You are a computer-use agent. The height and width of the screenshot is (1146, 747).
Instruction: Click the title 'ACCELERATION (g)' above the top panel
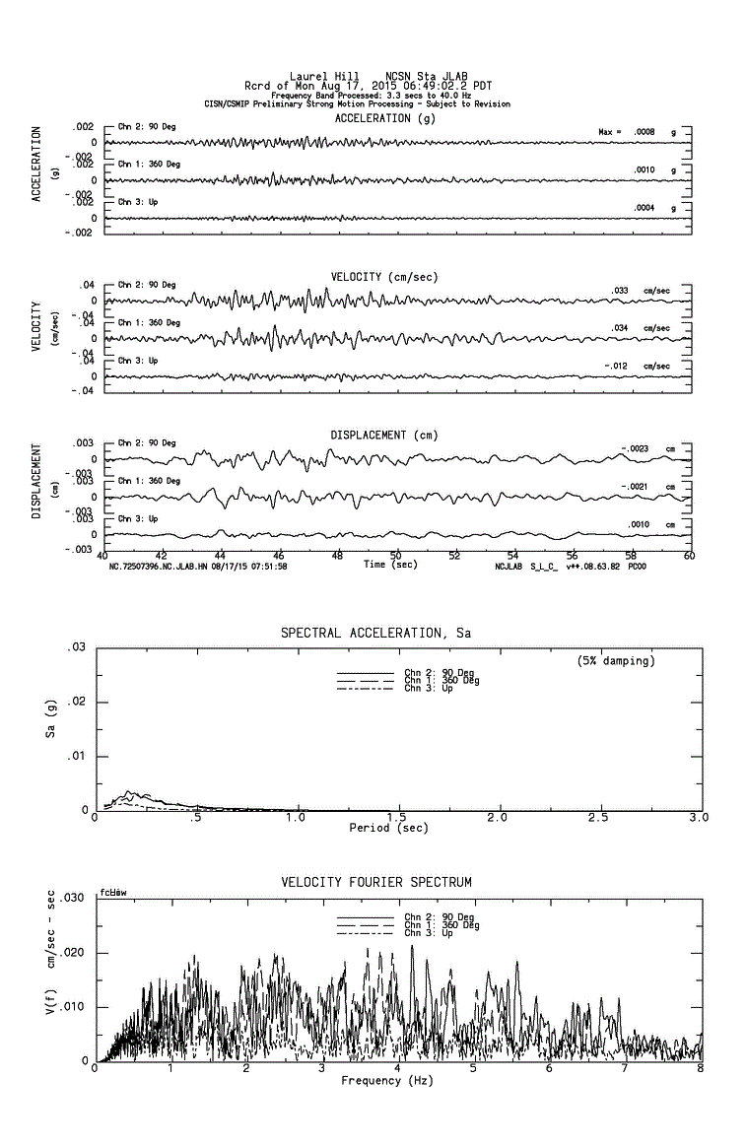[384, 118]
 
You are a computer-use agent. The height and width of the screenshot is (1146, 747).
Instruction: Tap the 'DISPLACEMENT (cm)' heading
[383, 435]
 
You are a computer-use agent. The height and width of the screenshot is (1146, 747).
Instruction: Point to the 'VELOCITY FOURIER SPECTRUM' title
[376, 882]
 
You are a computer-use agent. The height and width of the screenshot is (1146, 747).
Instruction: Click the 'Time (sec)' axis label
[389, 565]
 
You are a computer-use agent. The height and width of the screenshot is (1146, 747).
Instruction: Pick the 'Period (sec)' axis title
[388, 828]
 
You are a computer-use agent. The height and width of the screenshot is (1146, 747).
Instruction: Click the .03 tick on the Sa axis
[76, 647]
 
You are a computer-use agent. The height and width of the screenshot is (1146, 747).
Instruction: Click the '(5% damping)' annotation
[616, 661]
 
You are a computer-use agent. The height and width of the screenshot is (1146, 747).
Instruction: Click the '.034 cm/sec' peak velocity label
[641, 328]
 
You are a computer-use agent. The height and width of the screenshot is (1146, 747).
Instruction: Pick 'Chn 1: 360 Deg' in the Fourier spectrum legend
[441, 925]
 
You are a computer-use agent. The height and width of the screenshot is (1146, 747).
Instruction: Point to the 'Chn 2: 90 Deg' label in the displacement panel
[147, 443]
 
